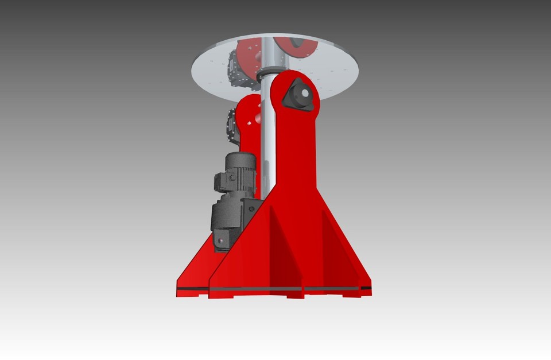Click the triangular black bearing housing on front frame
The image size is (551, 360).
coord(298,96)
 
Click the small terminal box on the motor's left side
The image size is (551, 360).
coord(222,182)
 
